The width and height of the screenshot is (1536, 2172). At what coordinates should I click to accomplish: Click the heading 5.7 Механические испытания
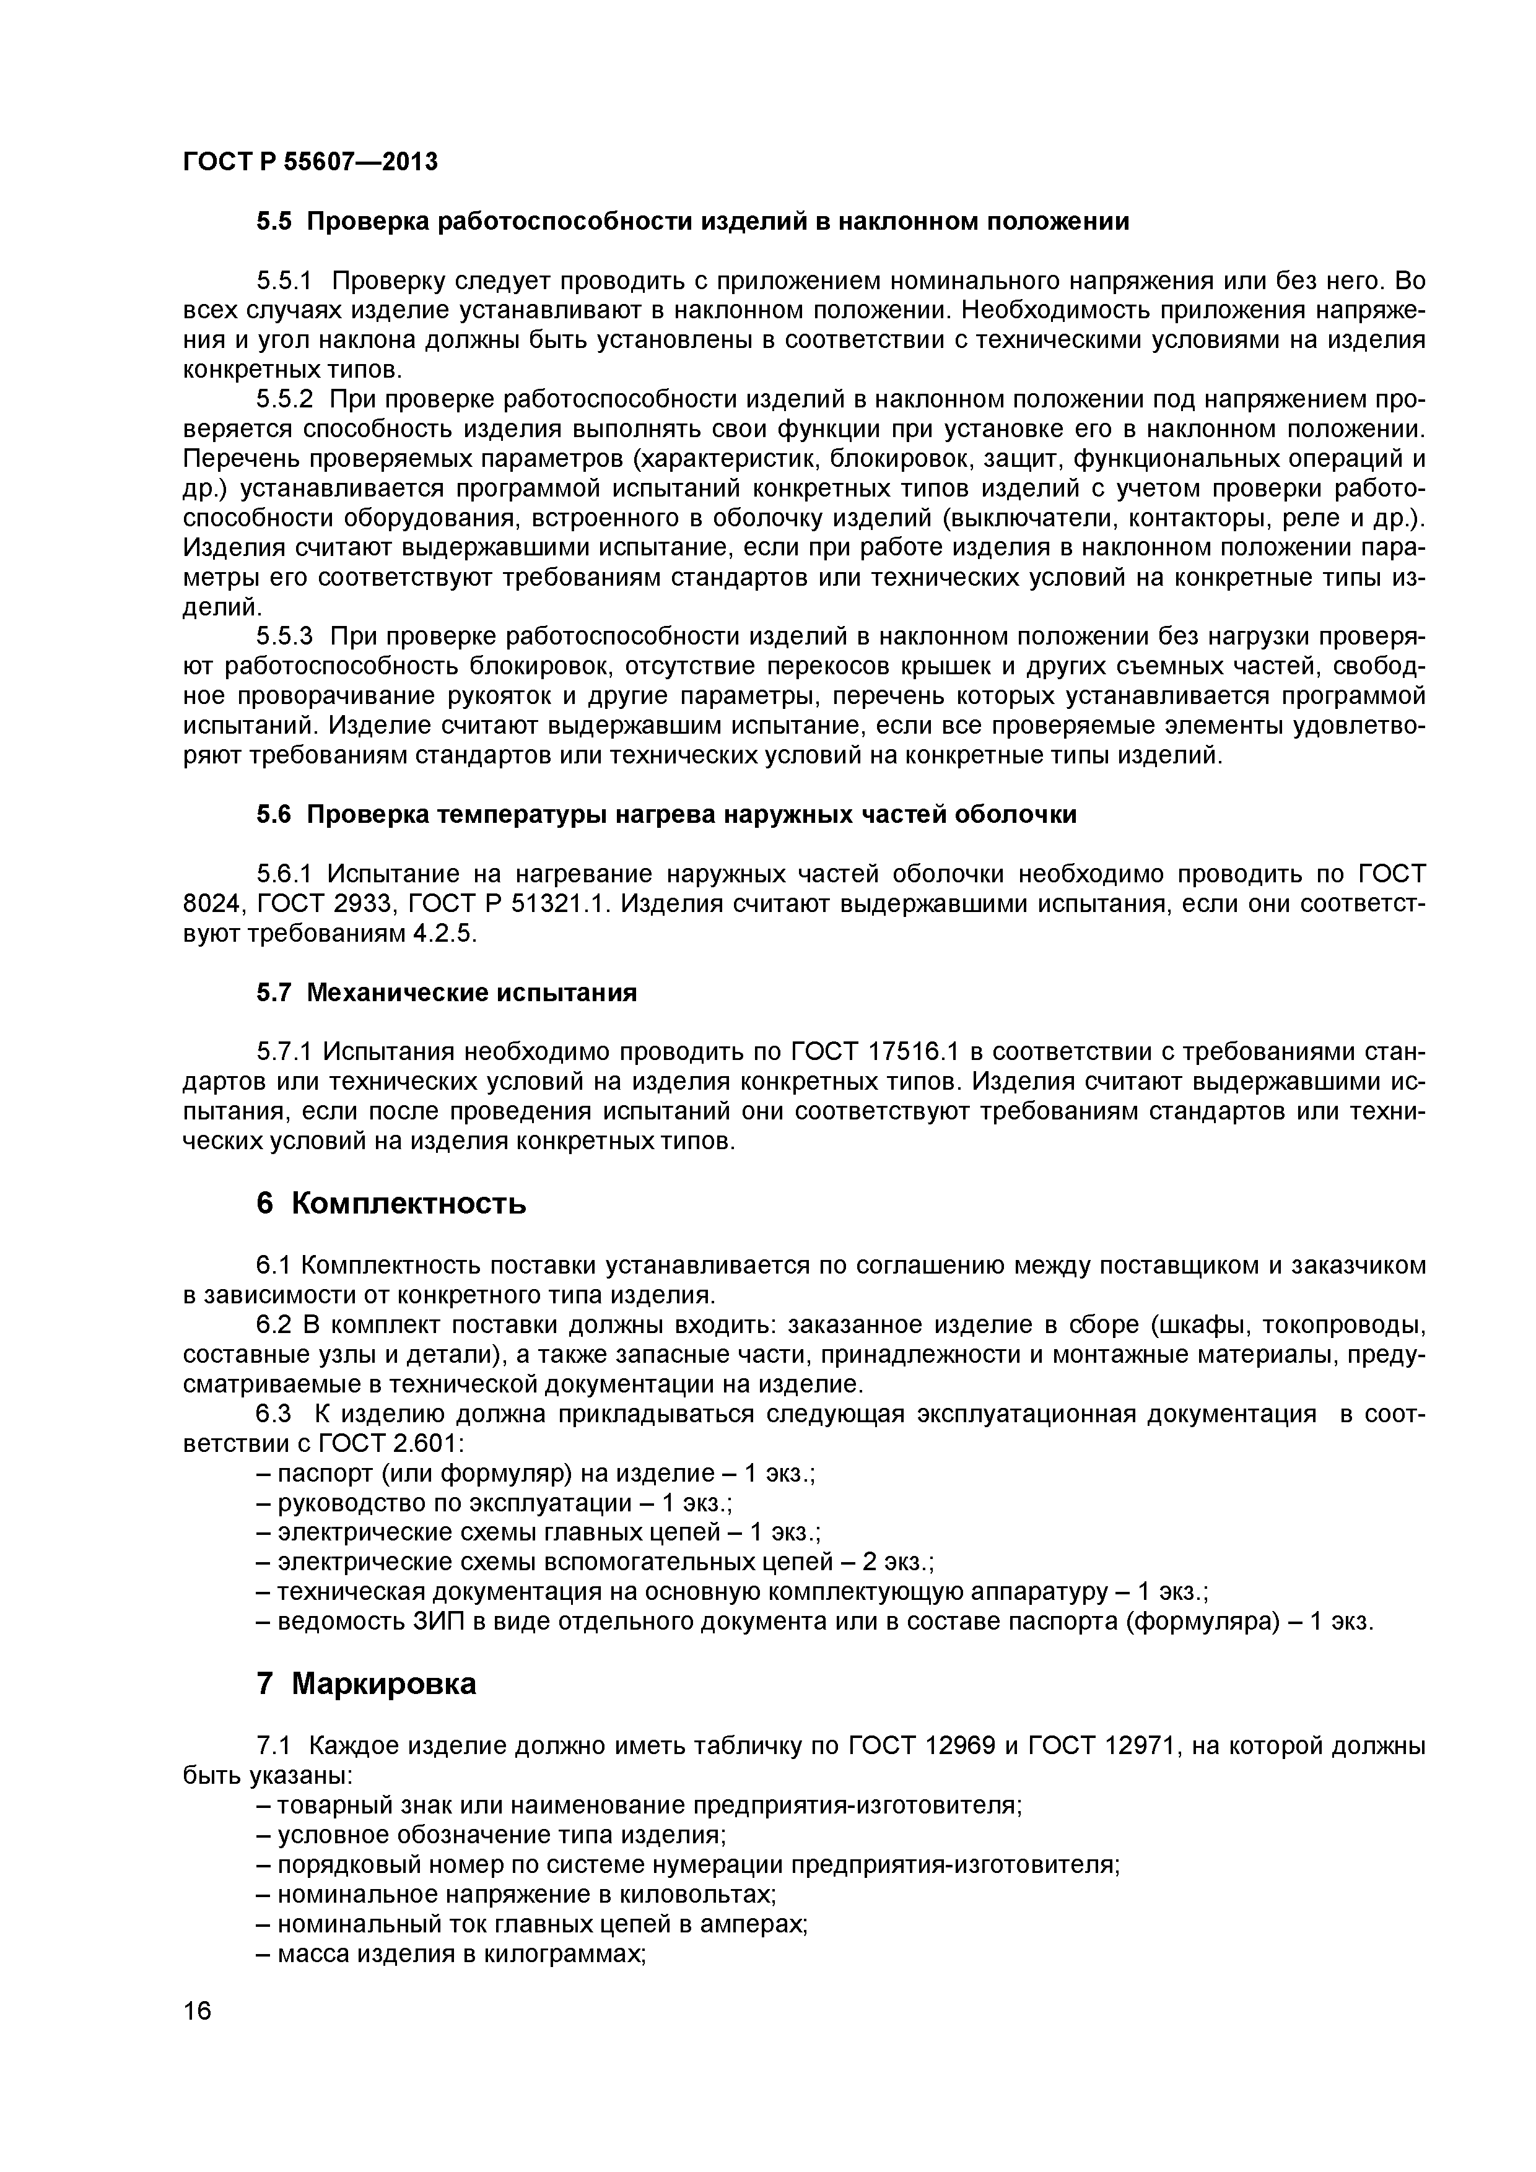tap(447, 993)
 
